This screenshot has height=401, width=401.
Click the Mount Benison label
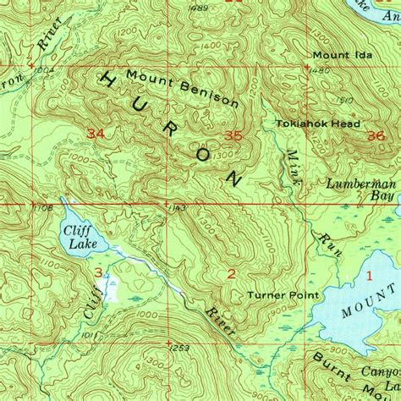pyautogui.click(x=182, y=87)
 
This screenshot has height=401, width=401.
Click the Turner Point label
pyautogui.click(x=283, y=295)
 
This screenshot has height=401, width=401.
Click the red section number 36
pyautogui.click(x=376, y=135)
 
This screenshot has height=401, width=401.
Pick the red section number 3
pyautogui.click(x=99, y=272)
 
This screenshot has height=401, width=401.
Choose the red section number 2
pyautogui.click(x=230, y=272)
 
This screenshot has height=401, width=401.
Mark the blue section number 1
pyautogui.click(x=369, y=275)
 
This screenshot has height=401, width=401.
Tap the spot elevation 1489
pyautogui.click(x=200, y=8)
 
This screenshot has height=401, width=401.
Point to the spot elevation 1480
pyautogui.click(x=319, y=70)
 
